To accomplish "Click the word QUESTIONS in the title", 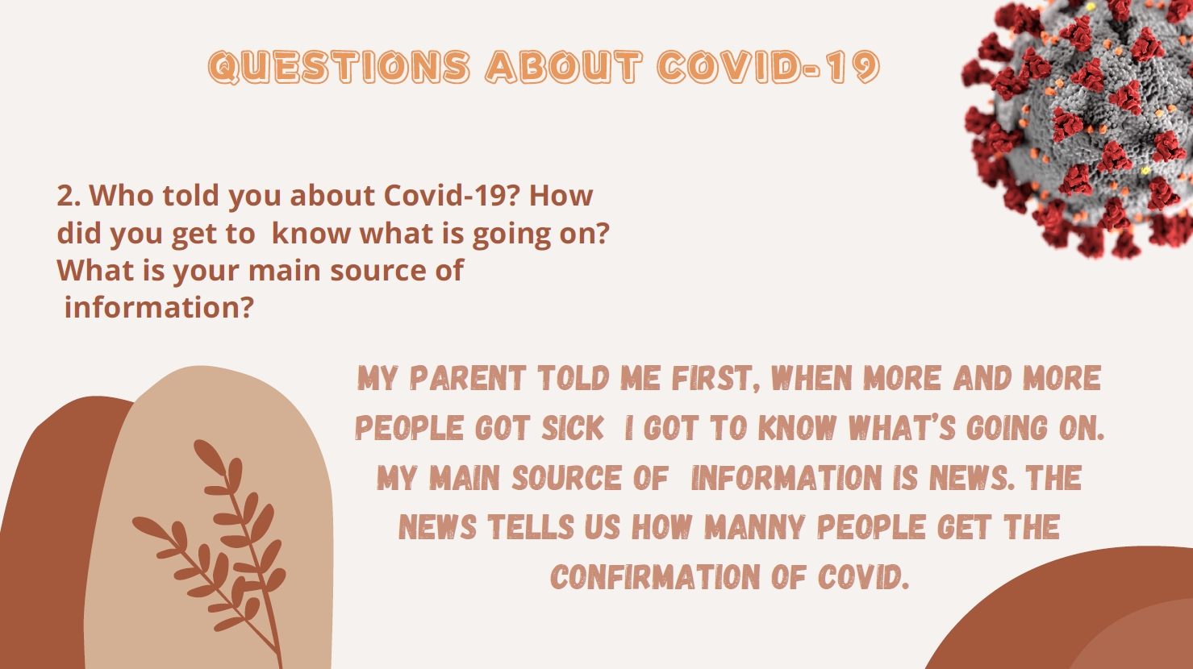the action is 340,68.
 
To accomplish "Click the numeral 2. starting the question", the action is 69,196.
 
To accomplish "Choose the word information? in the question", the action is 159,307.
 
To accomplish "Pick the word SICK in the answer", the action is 573,428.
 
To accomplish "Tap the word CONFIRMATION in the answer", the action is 654,576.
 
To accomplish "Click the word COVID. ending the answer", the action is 863,576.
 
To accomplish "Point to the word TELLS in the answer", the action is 531,527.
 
